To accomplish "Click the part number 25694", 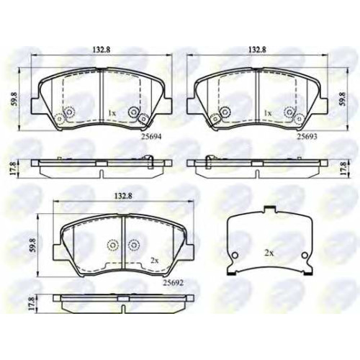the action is [151, 137].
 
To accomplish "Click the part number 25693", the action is [307, 137].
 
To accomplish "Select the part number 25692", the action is [174, 283].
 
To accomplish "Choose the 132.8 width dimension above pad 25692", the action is [123, 196].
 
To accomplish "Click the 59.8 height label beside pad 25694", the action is [14, 99].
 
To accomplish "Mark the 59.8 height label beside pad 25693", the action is [343, 99].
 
